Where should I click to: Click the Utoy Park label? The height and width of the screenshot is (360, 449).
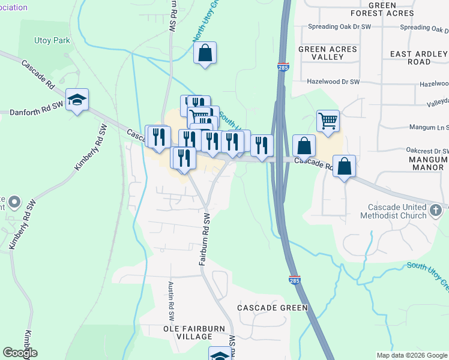(x=52, y=40)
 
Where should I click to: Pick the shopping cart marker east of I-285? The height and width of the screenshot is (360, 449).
(x=328, y=121)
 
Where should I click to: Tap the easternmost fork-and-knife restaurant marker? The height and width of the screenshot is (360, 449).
(x=262, y=145)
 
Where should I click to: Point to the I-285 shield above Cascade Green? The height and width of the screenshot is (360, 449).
(x=299, y=280)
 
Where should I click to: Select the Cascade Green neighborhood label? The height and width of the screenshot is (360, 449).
(x=273, y=308)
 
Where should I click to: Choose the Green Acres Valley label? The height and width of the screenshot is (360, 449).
(x=328, y=53)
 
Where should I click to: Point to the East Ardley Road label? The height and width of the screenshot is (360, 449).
(x=419, y=58)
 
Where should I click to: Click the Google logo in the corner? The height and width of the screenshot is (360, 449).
(x=20, y=353)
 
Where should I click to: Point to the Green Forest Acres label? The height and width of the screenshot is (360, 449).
(x=399, y=9)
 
